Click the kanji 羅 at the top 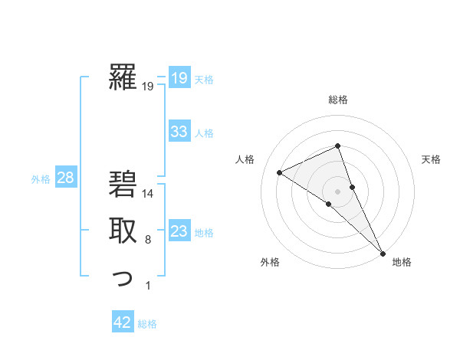[123, 77]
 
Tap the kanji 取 [123, 231]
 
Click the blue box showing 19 [179, 78]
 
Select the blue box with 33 [179, 132]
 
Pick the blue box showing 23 [179, 231]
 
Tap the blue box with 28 [65, 178]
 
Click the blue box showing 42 [123, 322]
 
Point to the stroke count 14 [148, 194]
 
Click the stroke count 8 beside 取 [148, 240]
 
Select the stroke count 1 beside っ [148, 286]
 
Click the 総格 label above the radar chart [338, 100]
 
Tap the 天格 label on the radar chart [431, 159]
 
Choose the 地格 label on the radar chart [402, 262]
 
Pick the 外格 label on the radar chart [270, 262]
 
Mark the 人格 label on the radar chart [245, 159]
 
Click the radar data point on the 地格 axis [382, 252]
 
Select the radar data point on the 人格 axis [280, 172]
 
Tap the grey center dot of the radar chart [337, 191]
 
